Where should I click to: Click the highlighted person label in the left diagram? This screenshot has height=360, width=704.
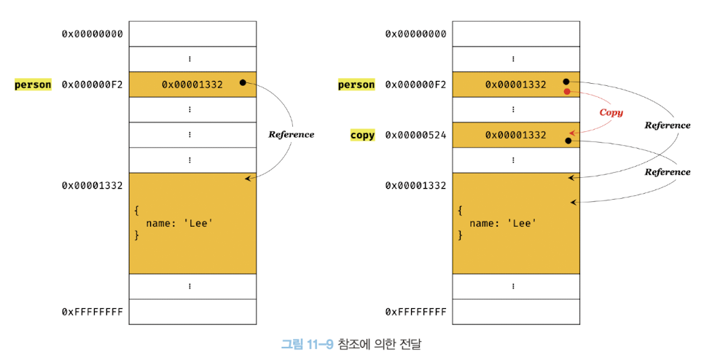33,85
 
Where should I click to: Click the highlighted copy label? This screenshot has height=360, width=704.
362,135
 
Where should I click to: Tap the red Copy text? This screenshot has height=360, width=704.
611,112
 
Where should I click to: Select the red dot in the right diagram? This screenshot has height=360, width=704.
567,92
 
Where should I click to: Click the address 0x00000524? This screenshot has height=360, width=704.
415,135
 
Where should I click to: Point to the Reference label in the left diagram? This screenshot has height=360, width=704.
292,134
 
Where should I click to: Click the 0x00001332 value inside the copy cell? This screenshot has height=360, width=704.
516,135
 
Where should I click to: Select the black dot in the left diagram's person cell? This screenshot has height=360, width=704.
242,83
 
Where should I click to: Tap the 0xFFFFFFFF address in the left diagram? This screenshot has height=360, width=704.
92,312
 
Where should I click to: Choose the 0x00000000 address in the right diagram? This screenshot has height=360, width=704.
415,34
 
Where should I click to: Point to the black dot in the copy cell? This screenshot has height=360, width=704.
568,140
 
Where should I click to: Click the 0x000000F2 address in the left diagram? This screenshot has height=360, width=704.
92,85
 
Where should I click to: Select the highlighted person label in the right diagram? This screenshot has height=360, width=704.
356,85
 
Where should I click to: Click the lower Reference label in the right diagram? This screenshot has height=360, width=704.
667,172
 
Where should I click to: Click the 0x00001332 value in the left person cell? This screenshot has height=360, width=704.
192,85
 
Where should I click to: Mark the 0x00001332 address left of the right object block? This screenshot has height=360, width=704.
415,185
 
